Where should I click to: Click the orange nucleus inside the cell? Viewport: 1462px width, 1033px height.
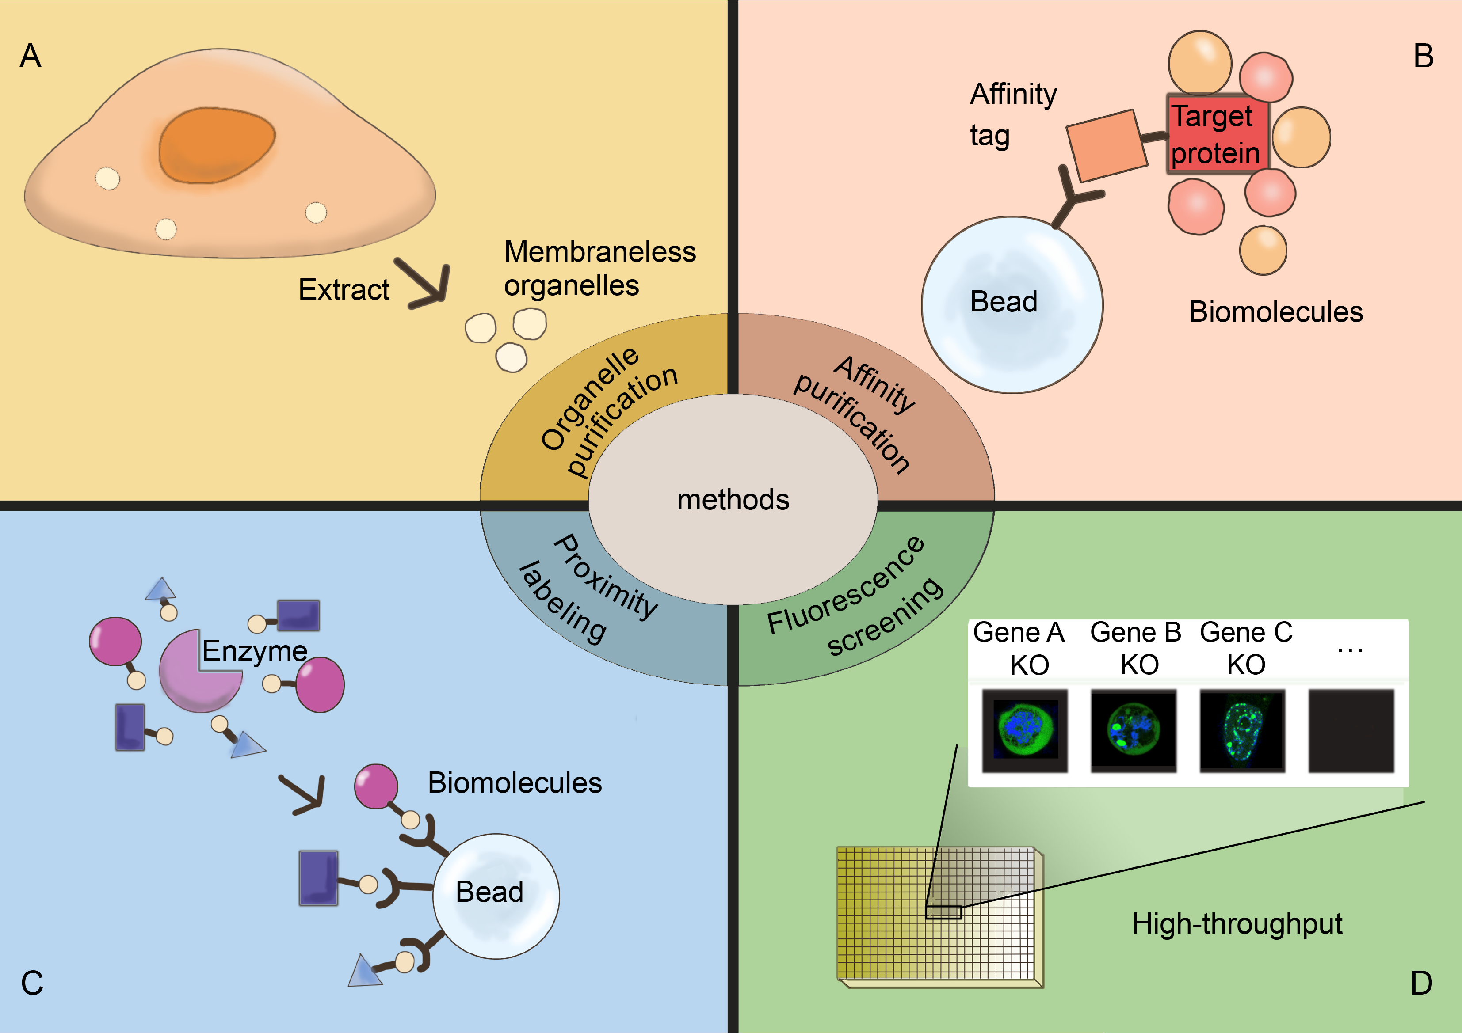point(217,144)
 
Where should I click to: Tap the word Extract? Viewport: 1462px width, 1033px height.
point(344,289)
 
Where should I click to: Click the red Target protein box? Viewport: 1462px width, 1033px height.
point(1217,134)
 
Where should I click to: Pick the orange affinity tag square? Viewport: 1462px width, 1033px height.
point(1107,144)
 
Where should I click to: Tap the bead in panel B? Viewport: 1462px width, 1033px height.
point(1012,304)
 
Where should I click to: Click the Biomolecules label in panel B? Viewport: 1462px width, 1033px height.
point(1275,312)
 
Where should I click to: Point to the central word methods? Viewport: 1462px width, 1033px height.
point(733,500)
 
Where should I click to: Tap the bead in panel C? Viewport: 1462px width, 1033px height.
point(496,895)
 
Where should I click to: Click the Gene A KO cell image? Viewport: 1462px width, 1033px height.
point(1024,730)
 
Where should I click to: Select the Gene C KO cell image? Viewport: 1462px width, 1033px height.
point(1242,730)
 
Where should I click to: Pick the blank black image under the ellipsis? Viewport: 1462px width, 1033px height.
point(1351,730)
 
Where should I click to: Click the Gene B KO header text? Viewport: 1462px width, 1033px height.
point(1136,648)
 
